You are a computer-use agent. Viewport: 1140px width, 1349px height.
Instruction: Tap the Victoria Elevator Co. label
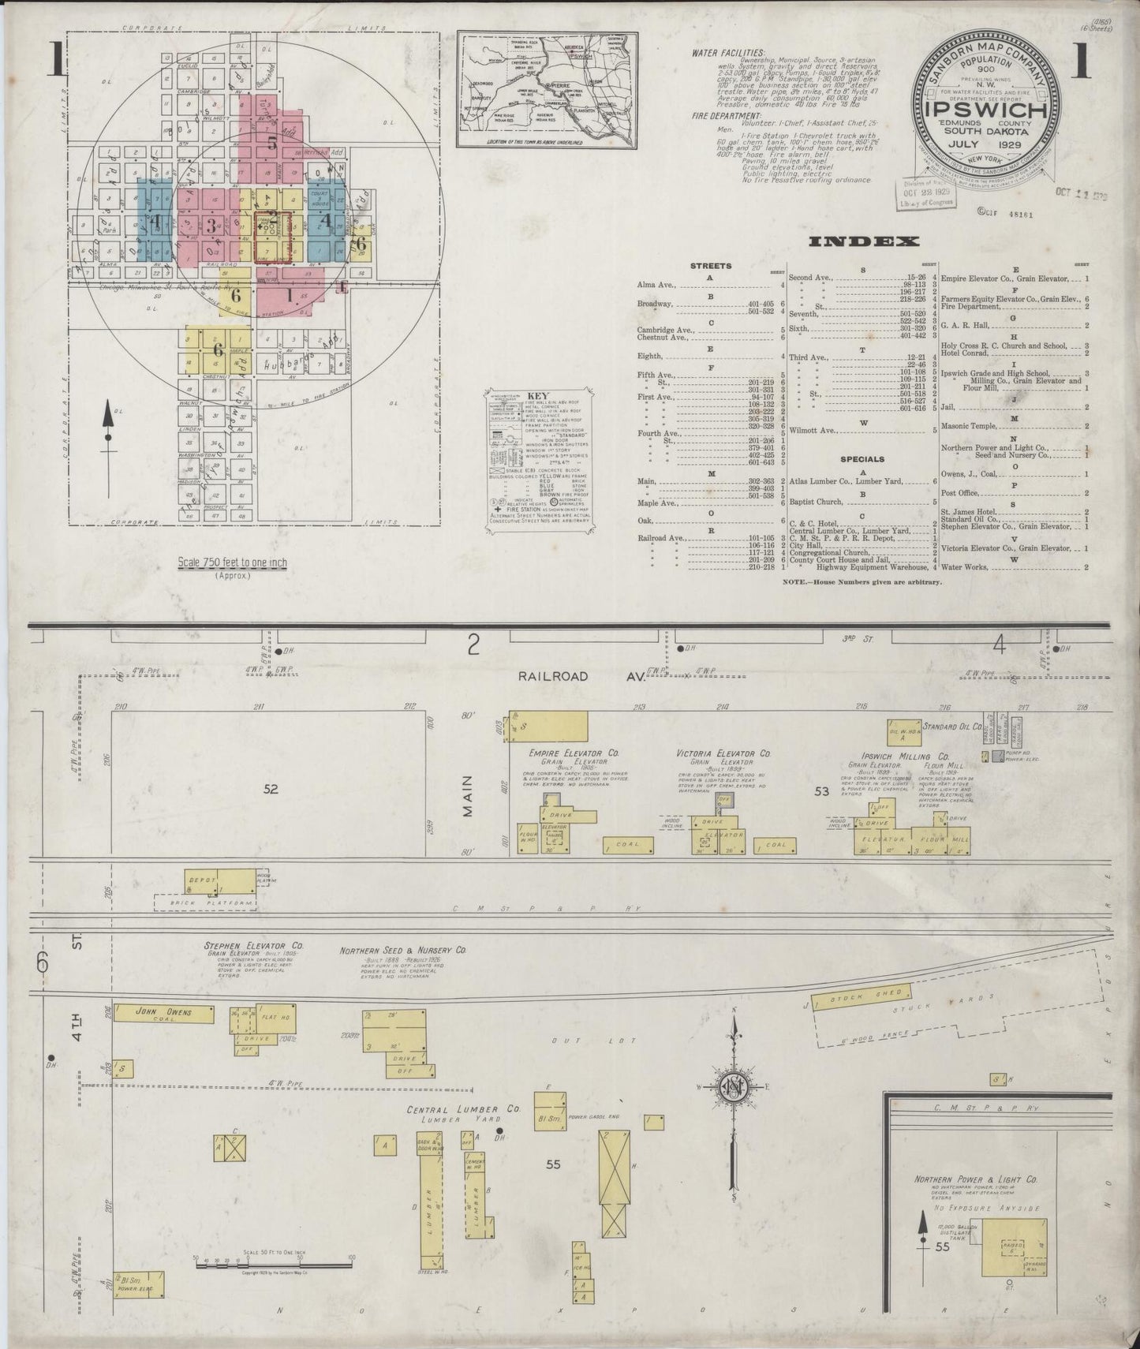[723, 753]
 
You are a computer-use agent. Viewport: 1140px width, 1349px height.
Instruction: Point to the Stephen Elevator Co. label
[254, 944]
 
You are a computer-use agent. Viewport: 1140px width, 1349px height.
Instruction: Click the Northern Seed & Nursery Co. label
[404, 951]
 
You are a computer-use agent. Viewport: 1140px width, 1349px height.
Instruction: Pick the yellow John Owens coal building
[164, 1013]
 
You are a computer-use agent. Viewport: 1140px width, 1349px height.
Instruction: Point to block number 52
[271, 788]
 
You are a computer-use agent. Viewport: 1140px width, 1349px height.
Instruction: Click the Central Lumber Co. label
[464, 1109]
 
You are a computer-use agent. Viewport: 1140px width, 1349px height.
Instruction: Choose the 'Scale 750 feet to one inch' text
[232, 562]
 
